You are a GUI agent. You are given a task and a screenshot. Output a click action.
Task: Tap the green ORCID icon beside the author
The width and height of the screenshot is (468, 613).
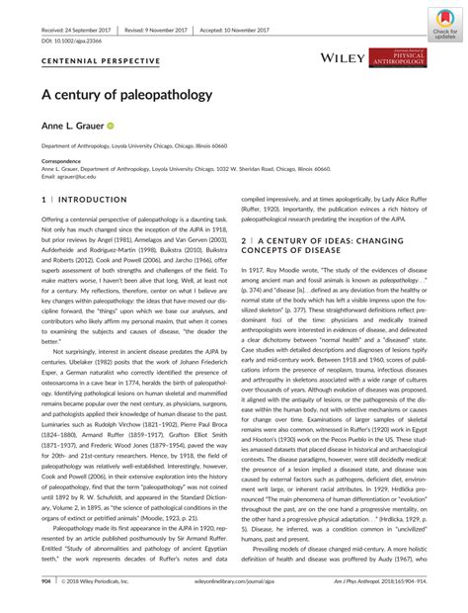pyautogui.click(x=125, y=126)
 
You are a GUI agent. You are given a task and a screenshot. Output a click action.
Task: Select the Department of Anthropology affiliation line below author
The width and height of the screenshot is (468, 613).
pyautogui.click(x=163, y=144)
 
